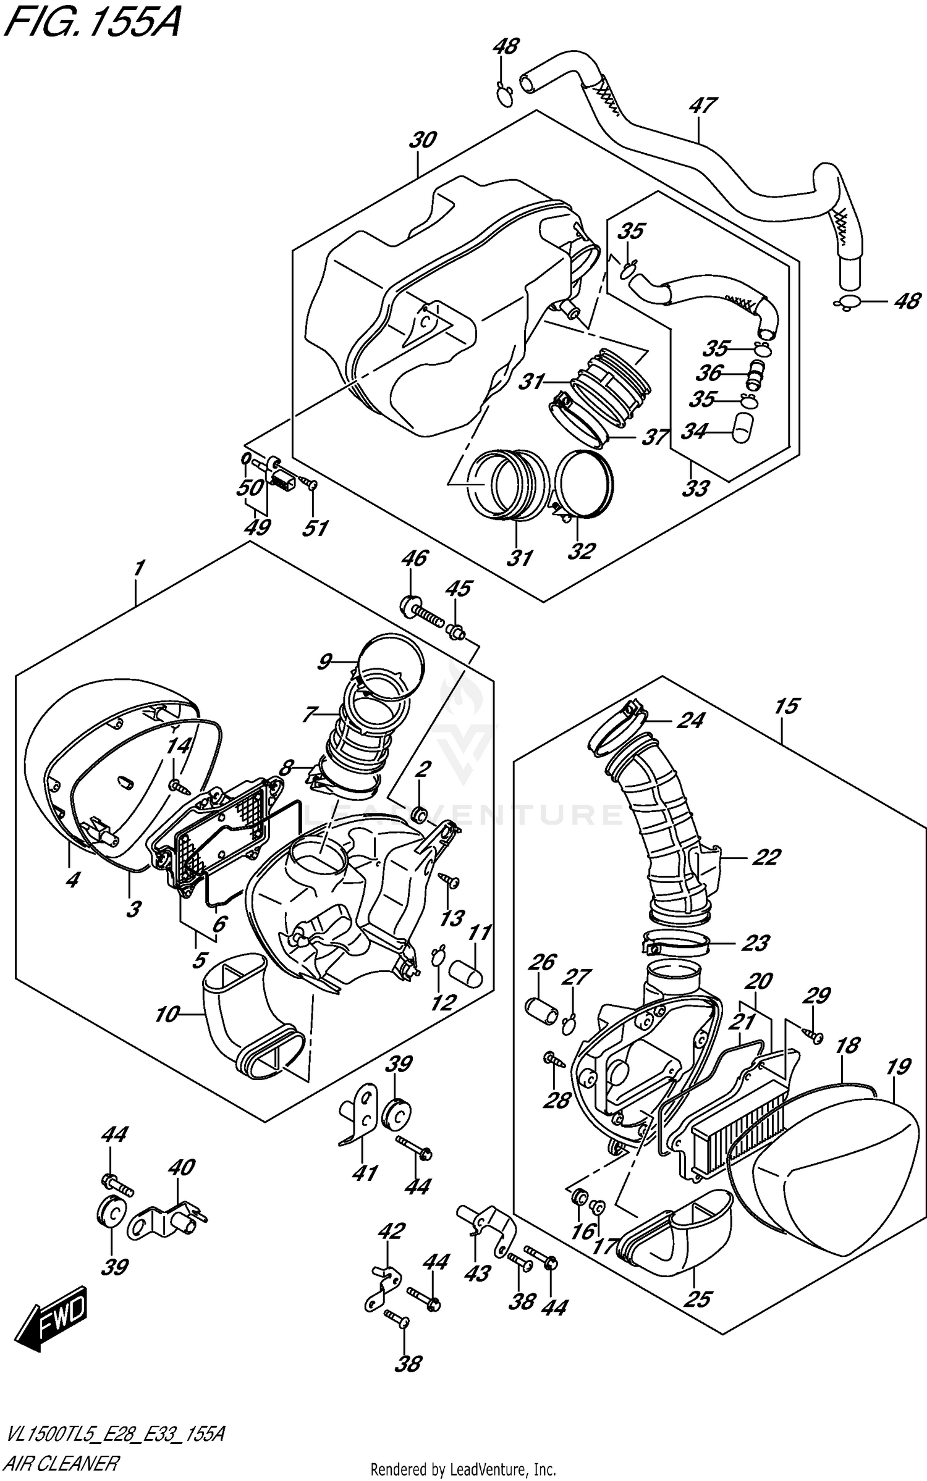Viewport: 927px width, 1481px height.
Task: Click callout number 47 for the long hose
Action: coord(703,106)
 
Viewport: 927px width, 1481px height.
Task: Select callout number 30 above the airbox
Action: coord(423,140)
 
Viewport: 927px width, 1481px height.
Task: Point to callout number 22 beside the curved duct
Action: coord(766,857)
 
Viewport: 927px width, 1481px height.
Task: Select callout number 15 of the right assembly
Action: coord(786,706)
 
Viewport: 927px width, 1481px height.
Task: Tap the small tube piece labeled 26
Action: coord(541,1010)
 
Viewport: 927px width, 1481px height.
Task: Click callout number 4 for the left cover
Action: coord(72,879)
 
